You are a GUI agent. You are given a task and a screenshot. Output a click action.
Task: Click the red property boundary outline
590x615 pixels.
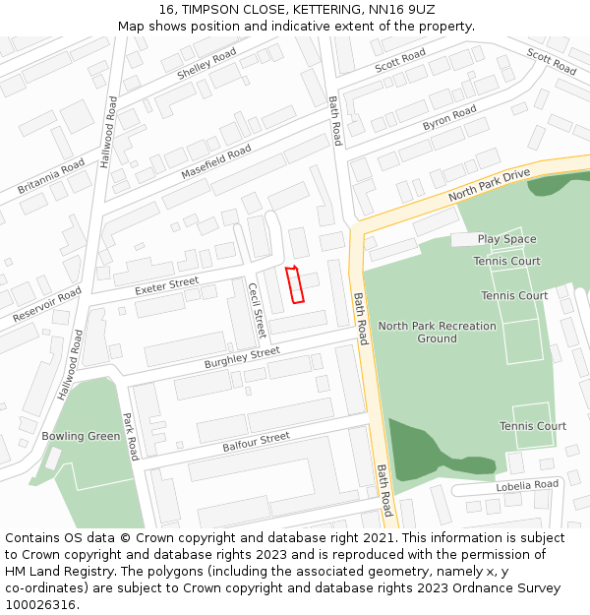pyautogui.click(x=294, y=284)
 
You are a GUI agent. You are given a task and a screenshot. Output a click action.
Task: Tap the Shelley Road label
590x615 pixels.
pyautogui.click(x=206, y=63)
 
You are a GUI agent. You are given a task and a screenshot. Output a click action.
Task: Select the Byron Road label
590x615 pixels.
pyautogui.click(x=449, y=118)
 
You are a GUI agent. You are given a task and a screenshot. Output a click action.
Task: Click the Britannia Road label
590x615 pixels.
pyautogui.click(x=51, y=176)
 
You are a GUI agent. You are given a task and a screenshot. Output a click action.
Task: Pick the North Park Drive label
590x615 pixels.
pyautogui.click(x=489, y=185)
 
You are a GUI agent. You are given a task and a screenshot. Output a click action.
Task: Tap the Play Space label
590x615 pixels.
pyautogui.click(x=506, y=239)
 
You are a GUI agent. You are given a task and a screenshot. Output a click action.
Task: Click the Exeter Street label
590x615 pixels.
pyautogui.click(x=166, y=286)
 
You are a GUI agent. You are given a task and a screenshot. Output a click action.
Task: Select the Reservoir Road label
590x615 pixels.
pyautogui.click(x=47, y=305)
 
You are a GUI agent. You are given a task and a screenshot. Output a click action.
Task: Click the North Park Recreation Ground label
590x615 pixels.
pyautogui.click(x=437, y=332)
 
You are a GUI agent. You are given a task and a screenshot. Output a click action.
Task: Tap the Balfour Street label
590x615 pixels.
pyautogui.click(x=256, y=442)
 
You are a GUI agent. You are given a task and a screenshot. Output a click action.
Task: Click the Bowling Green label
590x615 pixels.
pyautogui.click(x=81, y=436)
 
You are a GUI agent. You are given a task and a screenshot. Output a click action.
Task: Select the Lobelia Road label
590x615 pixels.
pyautogui.click(x=526, y=484)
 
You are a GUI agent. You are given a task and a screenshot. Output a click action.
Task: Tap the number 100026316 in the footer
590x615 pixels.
pyautogui.click(x=41, y=604)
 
